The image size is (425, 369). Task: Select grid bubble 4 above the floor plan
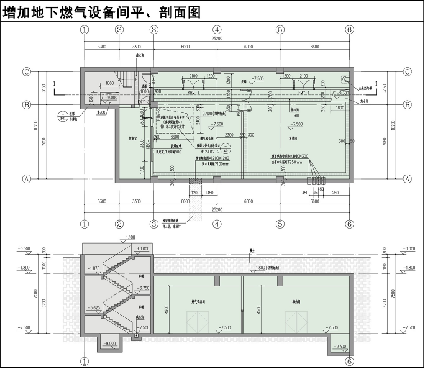[217, 29]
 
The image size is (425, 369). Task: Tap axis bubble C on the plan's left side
[27, 71]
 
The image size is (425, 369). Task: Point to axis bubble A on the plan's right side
[408, 179]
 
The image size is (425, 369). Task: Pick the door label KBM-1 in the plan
[192, 92]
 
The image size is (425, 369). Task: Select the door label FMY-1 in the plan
[304, 92]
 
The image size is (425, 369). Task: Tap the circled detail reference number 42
[227, 150]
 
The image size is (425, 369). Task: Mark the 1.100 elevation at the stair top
[130, 238]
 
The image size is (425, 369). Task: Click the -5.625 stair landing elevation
[94, 307]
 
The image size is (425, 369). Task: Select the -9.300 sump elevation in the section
[340, 347]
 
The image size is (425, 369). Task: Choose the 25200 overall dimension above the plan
[216, 39]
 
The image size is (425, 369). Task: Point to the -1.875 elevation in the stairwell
[94, 268]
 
